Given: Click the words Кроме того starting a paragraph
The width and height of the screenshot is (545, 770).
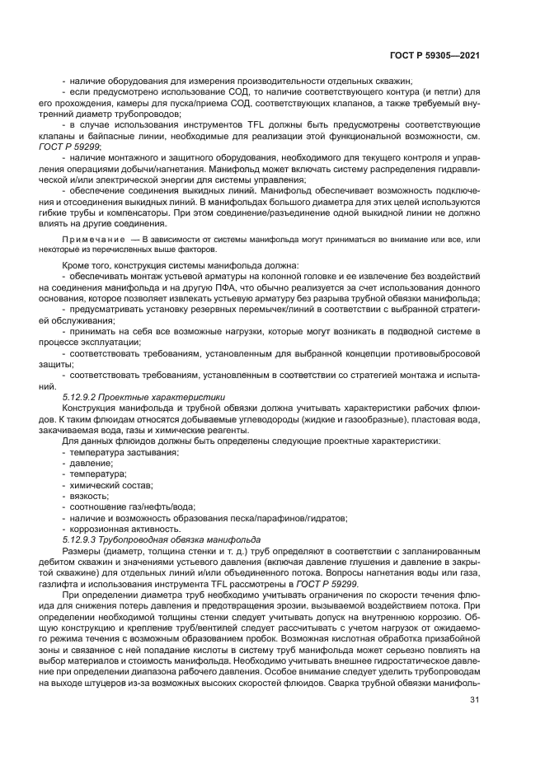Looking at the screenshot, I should [x=86, y=265].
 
